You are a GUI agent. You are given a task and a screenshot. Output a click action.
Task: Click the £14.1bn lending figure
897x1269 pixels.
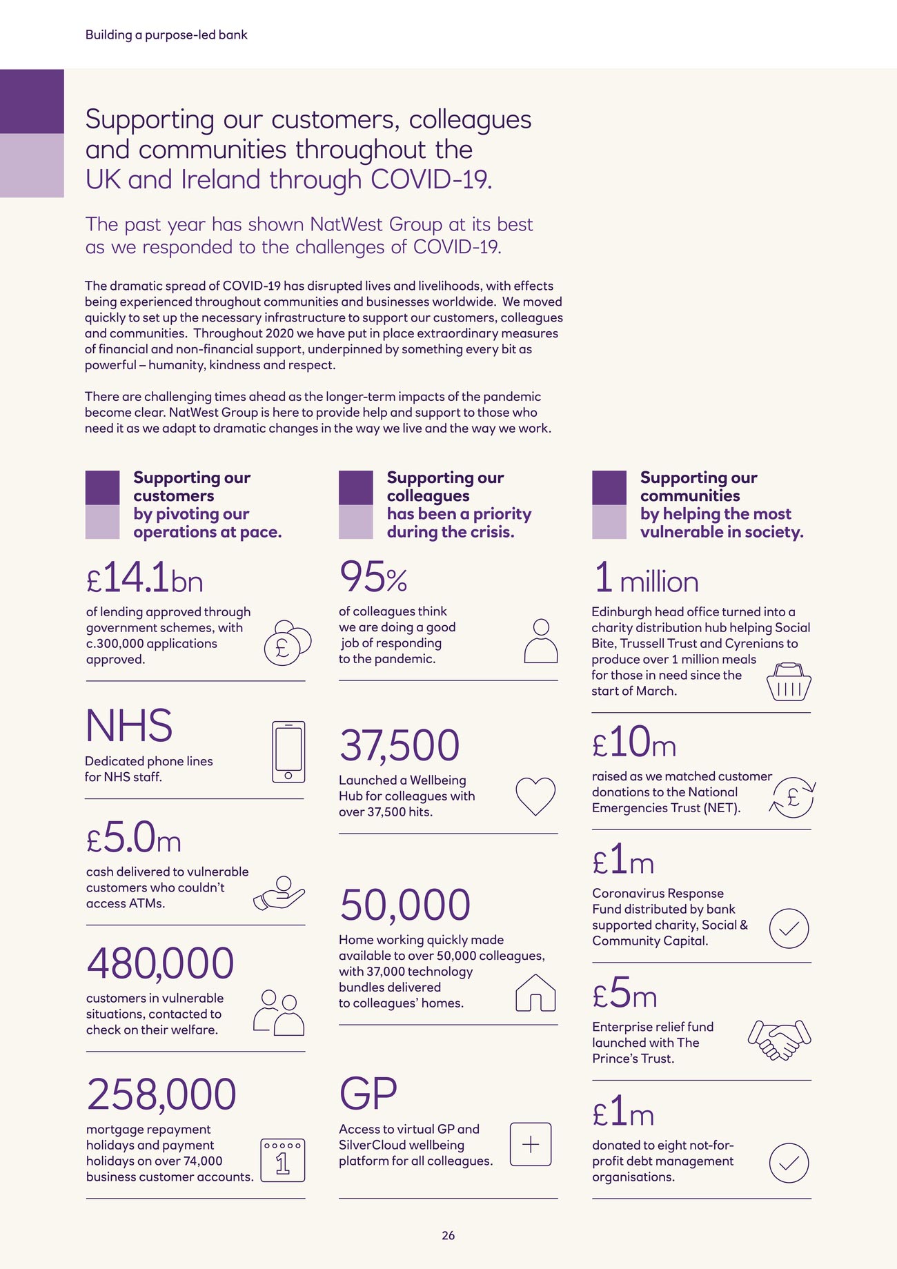(x=145, y=578)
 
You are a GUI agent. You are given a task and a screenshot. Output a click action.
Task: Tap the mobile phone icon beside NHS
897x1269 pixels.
(x=288, y=752)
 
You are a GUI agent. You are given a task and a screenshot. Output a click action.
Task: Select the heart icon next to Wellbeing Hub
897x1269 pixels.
(x=535, y=796)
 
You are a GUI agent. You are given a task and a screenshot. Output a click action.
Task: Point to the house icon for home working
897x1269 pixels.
(x=535, y=993)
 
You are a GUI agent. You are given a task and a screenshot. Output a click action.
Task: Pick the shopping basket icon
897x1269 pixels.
(x=789, y=682)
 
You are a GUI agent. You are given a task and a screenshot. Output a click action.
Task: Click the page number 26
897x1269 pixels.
(x=448, y=1235)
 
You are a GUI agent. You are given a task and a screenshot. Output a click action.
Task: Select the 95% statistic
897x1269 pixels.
(x=373, y=578)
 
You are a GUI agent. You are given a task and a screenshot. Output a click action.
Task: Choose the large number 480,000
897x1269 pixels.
(x=160, y=963)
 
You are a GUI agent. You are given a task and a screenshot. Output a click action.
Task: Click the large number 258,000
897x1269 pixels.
(x=161, y=1094)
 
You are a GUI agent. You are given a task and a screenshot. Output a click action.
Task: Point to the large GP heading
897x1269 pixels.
(x=368, y=1094)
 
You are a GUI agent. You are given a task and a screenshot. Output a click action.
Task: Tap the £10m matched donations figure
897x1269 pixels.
(x=634, y=742)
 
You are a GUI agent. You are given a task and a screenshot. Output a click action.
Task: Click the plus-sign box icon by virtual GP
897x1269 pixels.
(x=530, y=1145)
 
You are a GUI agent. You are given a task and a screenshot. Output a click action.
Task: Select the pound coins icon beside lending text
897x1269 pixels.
(x=287, y=643)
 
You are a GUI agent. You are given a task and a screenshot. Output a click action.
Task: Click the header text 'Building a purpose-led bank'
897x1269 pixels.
(x=166, y=35)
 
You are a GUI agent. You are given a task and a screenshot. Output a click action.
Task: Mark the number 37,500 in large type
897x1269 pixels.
(x=399, y=745)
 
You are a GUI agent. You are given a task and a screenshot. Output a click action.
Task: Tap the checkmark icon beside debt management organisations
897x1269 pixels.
(x=789, y=1163)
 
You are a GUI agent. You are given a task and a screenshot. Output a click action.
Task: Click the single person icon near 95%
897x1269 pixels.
(x=541, y=641)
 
